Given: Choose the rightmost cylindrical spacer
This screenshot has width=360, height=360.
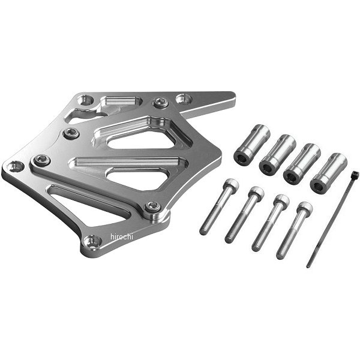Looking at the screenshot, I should [x=328, y=173].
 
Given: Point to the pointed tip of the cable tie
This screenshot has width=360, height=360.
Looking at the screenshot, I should [x=308, y=265].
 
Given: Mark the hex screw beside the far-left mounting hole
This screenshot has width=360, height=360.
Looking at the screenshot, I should [x=41, y=160].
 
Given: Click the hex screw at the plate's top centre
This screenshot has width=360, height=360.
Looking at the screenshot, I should [x=160, y=103].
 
